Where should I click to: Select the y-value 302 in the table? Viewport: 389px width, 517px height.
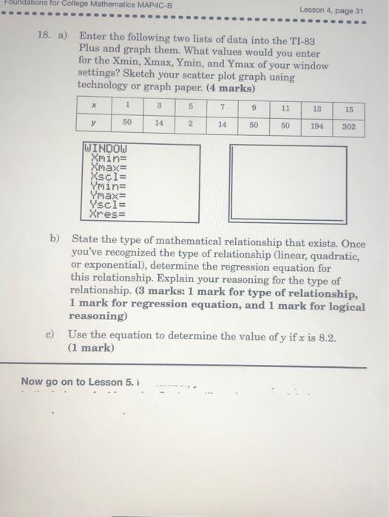point(349,126)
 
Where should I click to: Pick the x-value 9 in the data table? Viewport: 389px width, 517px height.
point(254,108)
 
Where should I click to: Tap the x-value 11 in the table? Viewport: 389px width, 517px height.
point(285,108)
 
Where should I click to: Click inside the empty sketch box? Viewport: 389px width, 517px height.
point(288,182)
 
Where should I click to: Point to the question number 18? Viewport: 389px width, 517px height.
point(44,35)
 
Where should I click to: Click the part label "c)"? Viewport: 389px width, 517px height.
point(50,335)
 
